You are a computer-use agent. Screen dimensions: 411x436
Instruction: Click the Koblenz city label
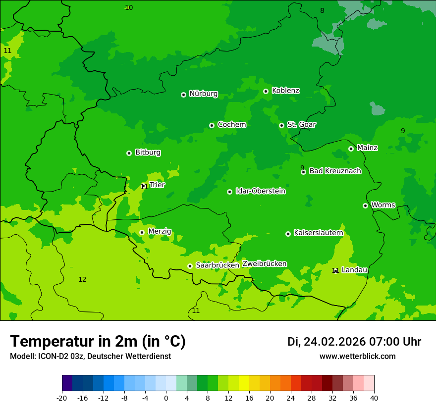[x=285, y=91]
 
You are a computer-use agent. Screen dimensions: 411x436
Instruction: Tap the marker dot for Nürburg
[x=183, y=95]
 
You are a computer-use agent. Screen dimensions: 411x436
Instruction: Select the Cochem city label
[x=231, y=125]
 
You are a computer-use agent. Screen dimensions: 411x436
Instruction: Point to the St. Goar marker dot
[x=281, y=125]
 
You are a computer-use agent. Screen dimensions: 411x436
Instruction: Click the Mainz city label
[x=367, y=148]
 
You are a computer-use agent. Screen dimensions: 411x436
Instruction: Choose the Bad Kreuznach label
[x=335, y=171]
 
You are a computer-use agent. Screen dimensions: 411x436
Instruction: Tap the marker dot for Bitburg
[x=129, y=153]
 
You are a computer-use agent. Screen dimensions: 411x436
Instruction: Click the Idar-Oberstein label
[x=260, y=191]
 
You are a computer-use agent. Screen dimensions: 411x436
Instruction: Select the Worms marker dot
[x=365, y=205]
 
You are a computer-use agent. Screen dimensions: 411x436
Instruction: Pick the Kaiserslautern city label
[x=318, y=233]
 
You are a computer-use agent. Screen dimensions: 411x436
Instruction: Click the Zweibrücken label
[x=264, y=264]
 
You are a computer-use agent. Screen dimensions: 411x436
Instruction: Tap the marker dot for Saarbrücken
[x=190, y=266]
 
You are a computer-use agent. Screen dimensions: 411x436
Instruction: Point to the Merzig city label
[x=160, y=231]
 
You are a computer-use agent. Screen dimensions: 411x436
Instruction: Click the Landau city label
[x=354, y=270]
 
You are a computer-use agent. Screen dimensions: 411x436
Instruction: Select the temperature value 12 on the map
[x=82, y=280]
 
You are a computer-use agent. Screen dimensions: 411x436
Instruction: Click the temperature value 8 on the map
[x=322, y=10]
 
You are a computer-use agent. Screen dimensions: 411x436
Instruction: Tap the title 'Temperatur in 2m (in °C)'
[x=98, y=342]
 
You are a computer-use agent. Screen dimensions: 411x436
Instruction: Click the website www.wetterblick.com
[x=357, y=357]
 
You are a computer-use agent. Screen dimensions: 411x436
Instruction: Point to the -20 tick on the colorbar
[x=62, y=398]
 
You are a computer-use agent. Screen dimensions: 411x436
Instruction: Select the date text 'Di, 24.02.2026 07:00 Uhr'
[x=354, y=342]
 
